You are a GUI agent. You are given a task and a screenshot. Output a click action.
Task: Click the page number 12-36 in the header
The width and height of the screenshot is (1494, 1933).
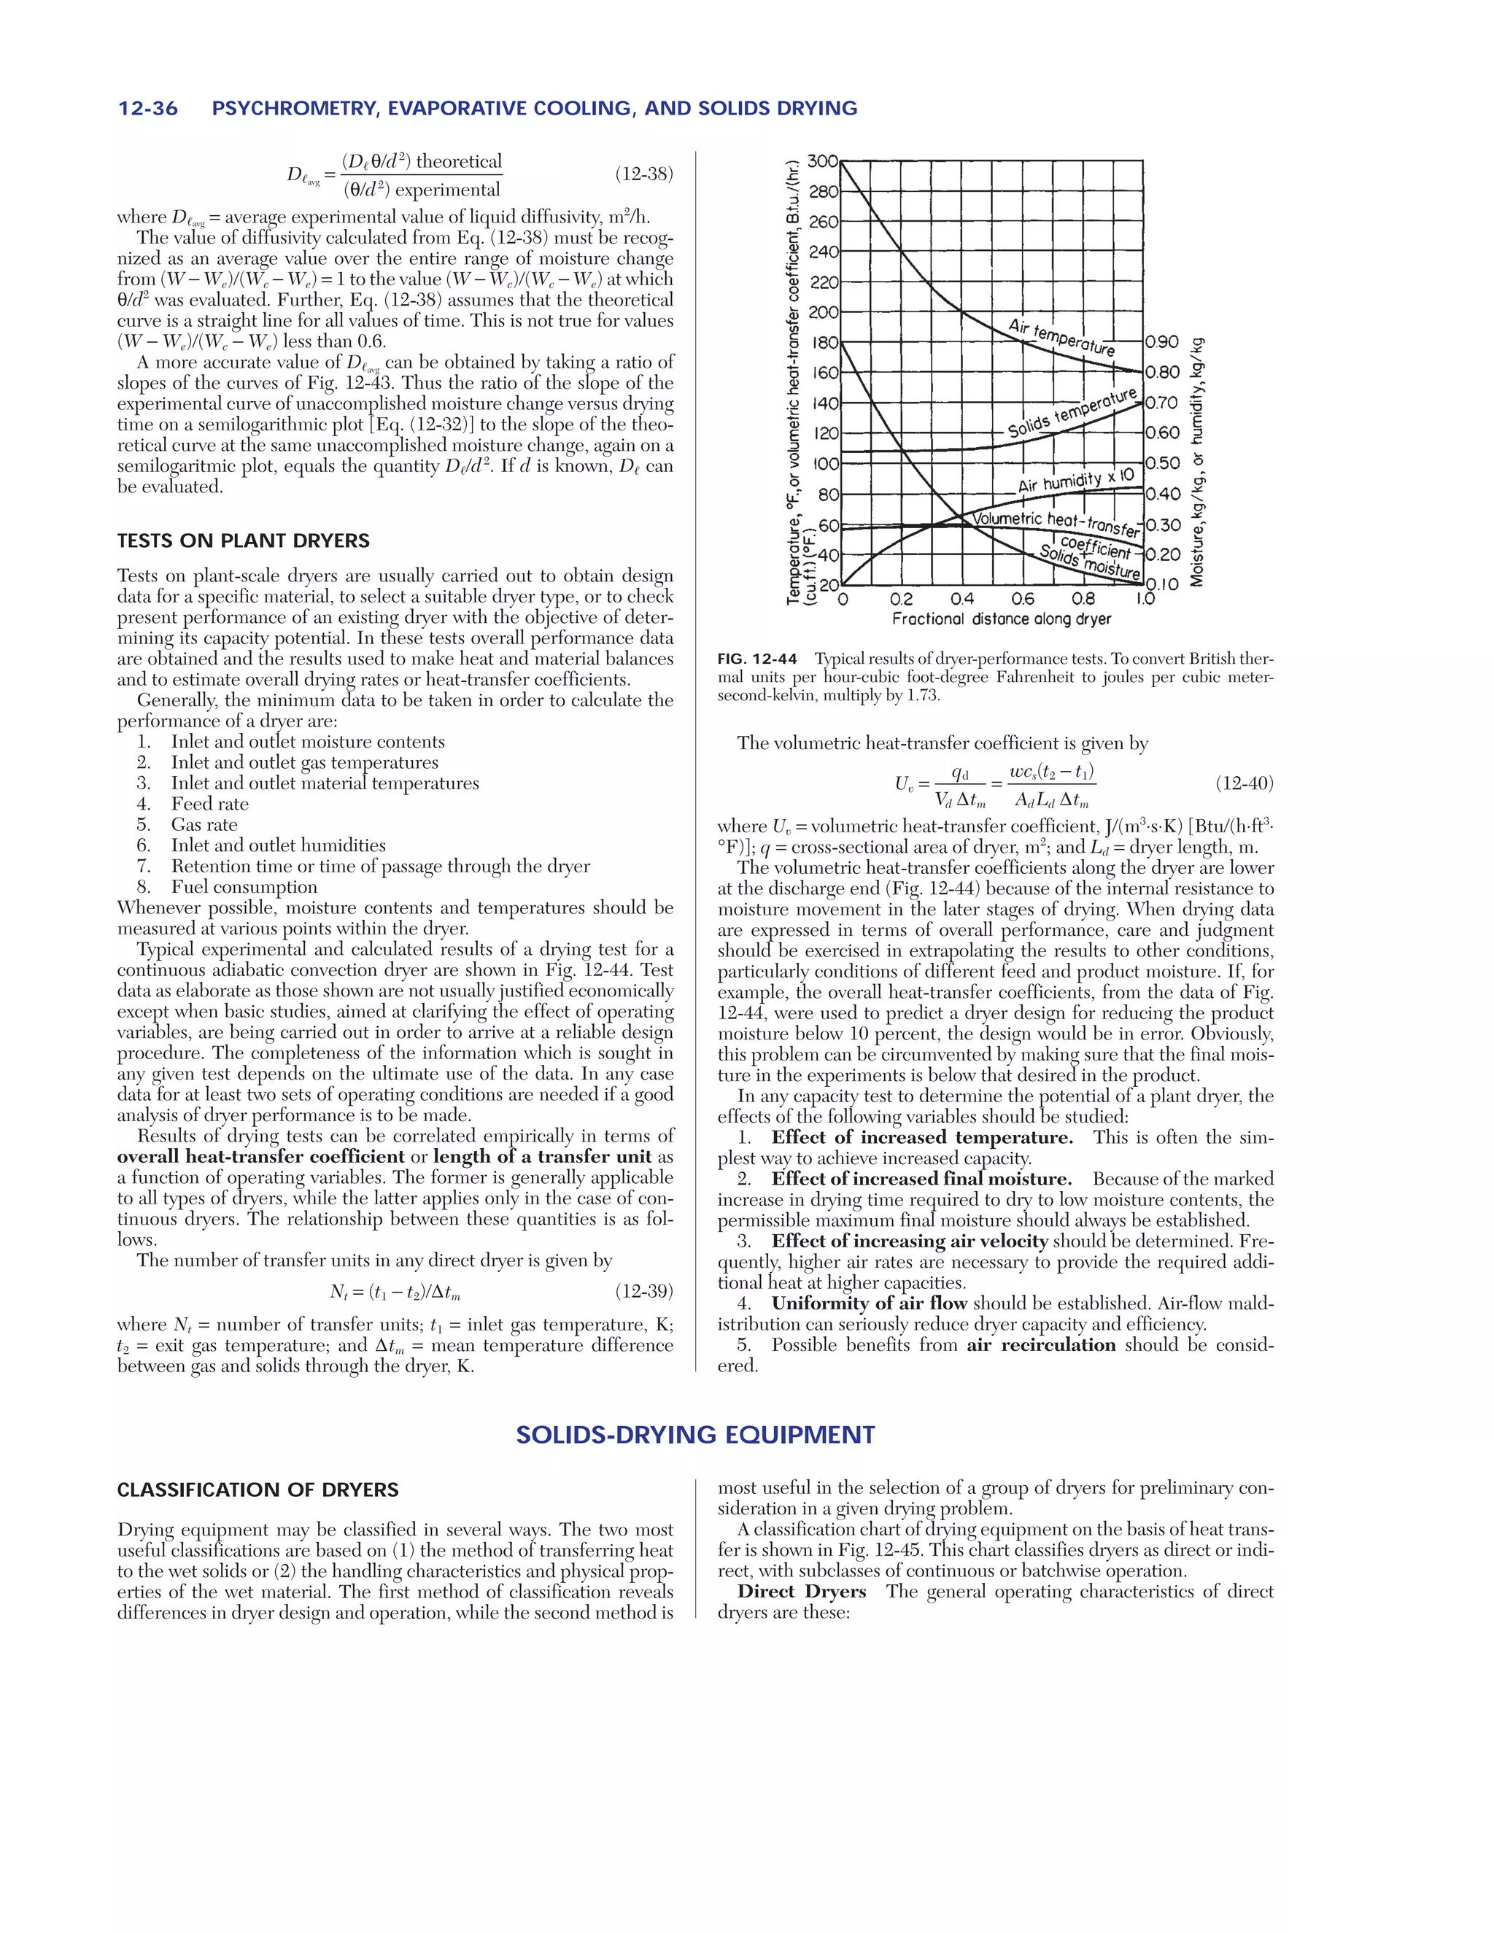(x=148, y=109)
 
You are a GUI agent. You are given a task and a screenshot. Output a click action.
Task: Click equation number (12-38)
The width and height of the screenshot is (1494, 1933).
(x=643, y=174)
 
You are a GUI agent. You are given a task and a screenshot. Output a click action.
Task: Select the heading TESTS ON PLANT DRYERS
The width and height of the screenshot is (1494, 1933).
(x=244, y=541)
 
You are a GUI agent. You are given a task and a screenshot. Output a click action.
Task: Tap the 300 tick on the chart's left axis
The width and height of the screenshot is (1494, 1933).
(x=822, y=161)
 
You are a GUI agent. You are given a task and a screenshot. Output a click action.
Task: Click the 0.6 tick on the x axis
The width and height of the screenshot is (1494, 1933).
(x=1022, y=599)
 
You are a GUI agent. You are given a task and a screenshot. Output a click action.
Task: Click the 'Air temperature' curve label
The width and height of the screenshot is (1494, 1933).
(x=1062, y=337)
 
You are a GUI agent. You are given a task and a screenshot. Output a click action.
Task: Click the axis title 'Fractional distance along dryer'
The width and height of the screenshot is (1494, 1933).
(x=1001, y=619)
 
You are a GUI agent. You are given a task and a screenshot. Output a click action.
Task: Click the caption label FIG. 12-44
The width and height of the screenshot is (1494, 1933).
(x=756, y=659)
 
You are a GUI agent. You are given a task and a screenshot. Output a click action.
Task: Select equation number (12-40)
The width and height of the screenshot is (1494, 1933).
(x=1244, y=783)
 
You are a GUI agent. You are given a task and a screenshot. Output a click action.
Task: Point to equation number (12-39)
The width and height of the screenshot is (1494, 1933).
(x=643, y=1291)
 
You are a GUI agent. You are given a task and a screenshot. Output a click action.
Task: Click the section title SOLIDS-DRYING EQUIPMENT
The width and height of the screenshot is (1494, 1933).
(x=696, y=1435)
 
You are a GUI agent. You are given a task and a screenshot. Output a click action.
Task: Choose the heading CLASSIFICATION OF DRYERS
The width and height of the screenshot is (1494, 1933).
(x=258, y=1490)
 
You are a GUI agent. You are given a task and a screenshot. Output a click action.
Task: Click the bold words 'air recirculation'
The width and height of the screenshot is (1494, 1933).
(x=1041, y=1344)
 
